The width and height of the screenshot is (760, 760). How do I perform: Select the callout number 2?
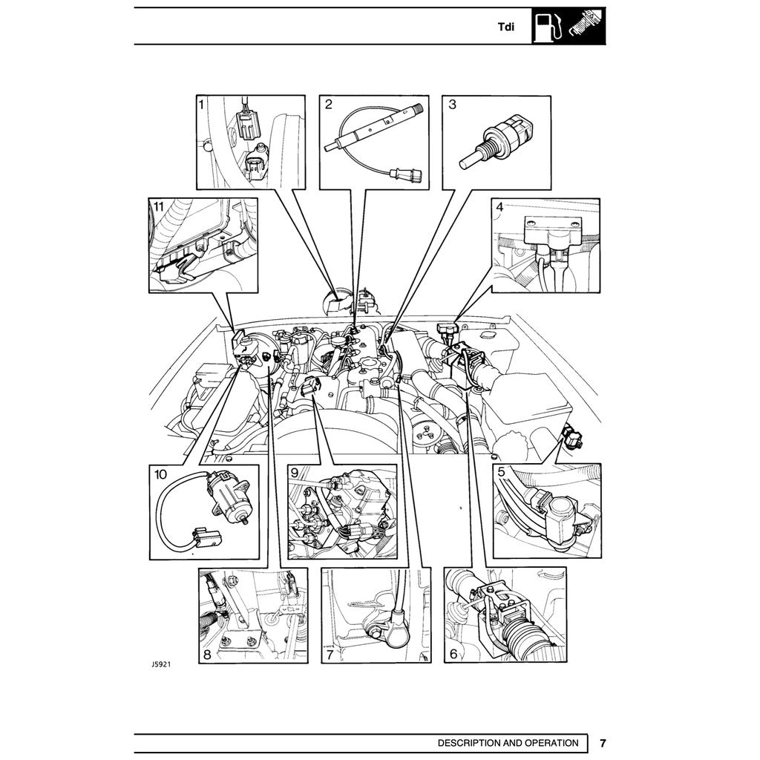[x=328, y=105]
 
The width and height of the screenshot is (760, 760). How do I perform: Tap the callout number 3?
[x=452, y=105]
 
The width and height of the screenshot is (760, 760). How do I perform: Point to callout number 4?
[x=500, y=207]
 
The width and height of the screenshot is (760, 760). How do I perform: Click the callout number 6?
[x=452, y=654]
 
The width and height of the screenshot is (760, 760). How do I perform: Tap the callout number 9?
[x=295, y=472]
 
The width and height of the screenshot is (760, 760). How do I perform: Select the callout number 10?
[x=161, y=473]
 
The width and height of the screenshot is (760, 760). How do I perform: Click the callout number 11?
[x=157, y=206]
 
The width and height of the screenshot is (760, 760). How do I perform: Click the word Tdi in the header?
[x=506, y=27]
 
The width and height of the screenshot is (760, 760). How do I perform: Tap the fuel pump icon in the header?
[x=548, y=26]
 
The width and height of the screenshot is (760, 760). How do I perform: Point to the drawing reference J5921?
[x=161, y=666]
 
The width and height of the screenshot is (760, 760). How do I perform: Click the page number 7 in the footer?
[x=603, y=743]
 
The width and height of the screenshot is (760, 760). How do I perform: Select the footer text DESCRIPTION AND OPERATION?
[x=508, y=743]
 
